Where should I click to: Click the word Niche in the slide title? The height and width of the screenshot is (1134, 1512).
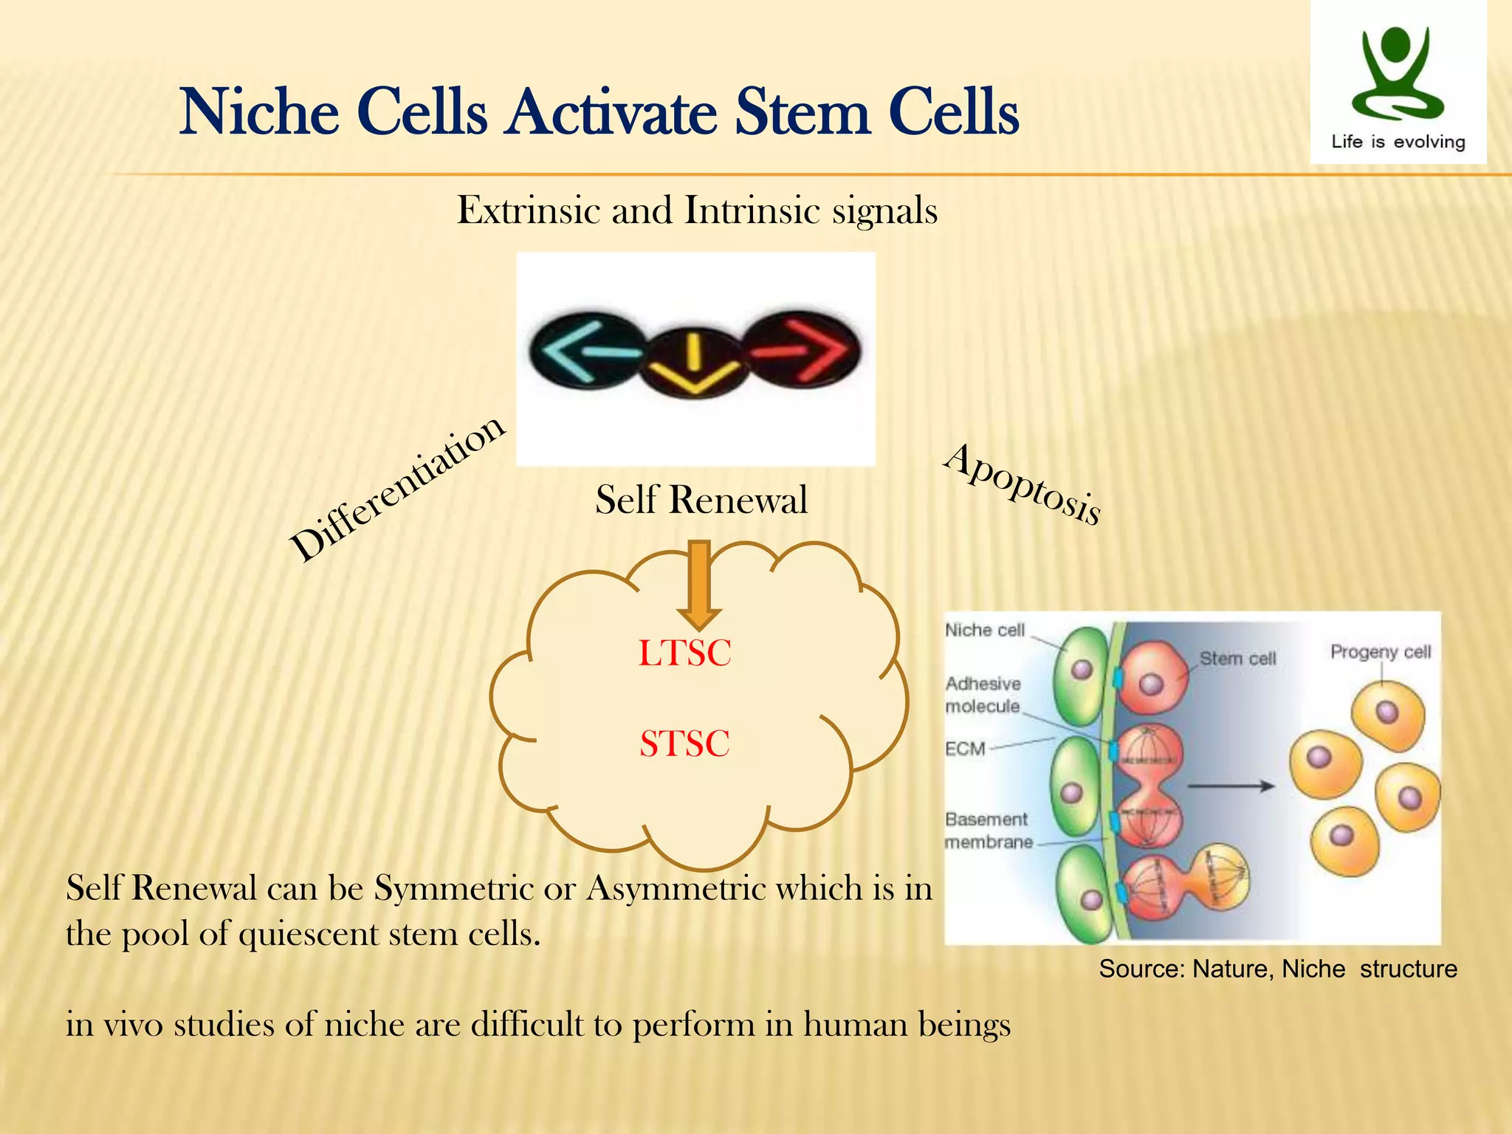click(x=259, y=112)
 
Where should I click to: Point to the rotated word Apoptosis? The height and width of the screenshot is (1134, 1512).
click(x=1023, y=484)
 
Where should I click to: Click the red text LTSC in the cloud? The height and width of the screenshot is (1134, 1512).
click(x=684, y=653)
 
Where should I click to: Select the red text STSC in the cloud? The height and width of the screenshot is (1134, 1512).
click(x=684, y=743)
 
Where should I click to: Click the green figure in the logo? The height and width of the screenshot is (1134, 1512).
click(x=1395, y=74)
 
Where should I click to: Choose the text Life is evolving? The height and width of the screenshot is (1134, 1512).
click(x=1398, y=142)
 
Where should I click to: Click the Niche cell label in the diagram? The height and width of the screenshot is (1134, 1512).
click(x=985, y=630)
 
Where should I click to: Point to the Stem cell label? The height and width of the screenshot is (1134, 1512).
click(x=1237, y=658)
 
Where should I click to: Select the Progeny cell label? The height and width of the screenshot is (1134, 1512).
click(x=1380, y=651)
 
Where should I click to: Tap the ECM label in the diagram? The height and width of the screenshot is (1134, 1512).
click(x=965, y=749)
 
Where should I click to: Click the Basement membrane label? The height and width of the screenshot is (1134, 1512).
click(x=987, y=831)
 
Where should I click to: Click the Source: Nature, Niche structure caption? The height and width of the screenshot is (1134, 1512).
click(x=1277, y=969)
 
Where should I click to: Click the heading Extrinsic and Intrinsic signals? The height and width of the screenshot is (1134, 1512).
click(x=697, y=210)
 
